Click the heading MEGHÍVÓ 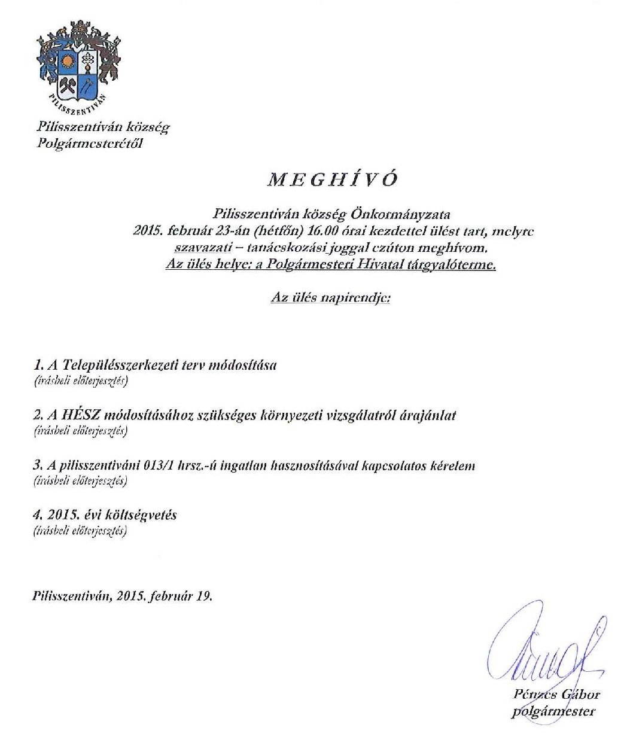click(x=333, y=179)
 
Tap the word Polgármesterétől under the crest click(x=90, y=143)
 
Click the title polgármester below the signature click(x=553, y=711)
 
